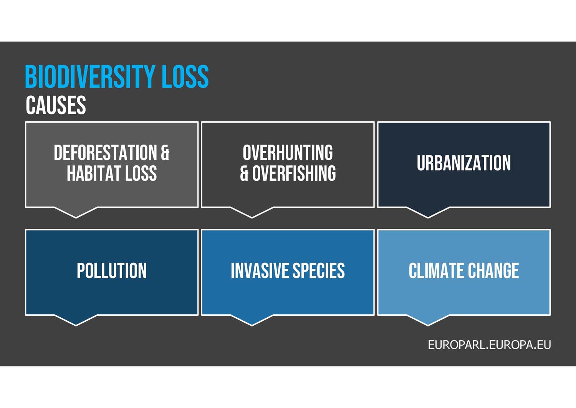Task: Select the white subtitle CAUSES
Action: point(56,105)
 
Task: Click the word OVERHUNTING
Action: point(288,153)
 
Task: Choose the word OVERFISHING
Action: point(294,173)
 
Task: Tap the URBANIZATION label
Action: point(464,163)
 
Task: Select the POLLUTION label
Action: point(112,271)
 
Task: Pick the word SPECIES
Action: point(319,271)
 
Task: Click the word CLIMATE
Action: point(436,271)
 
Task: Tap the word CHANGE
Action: point(493,271)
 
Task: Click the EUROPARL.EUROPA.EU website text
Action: point(489,345)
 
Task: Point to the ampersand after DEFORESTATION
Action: point(165,153)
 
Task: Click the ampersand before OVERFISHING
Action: point(244,173)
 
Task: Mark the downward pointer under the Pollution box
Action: point(76,320)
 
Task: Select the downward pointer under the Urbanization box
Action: point(428,213)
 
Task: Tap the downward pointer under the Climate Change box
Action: point(428,320)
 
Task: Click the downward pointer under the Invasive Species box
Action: point(252,320)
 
